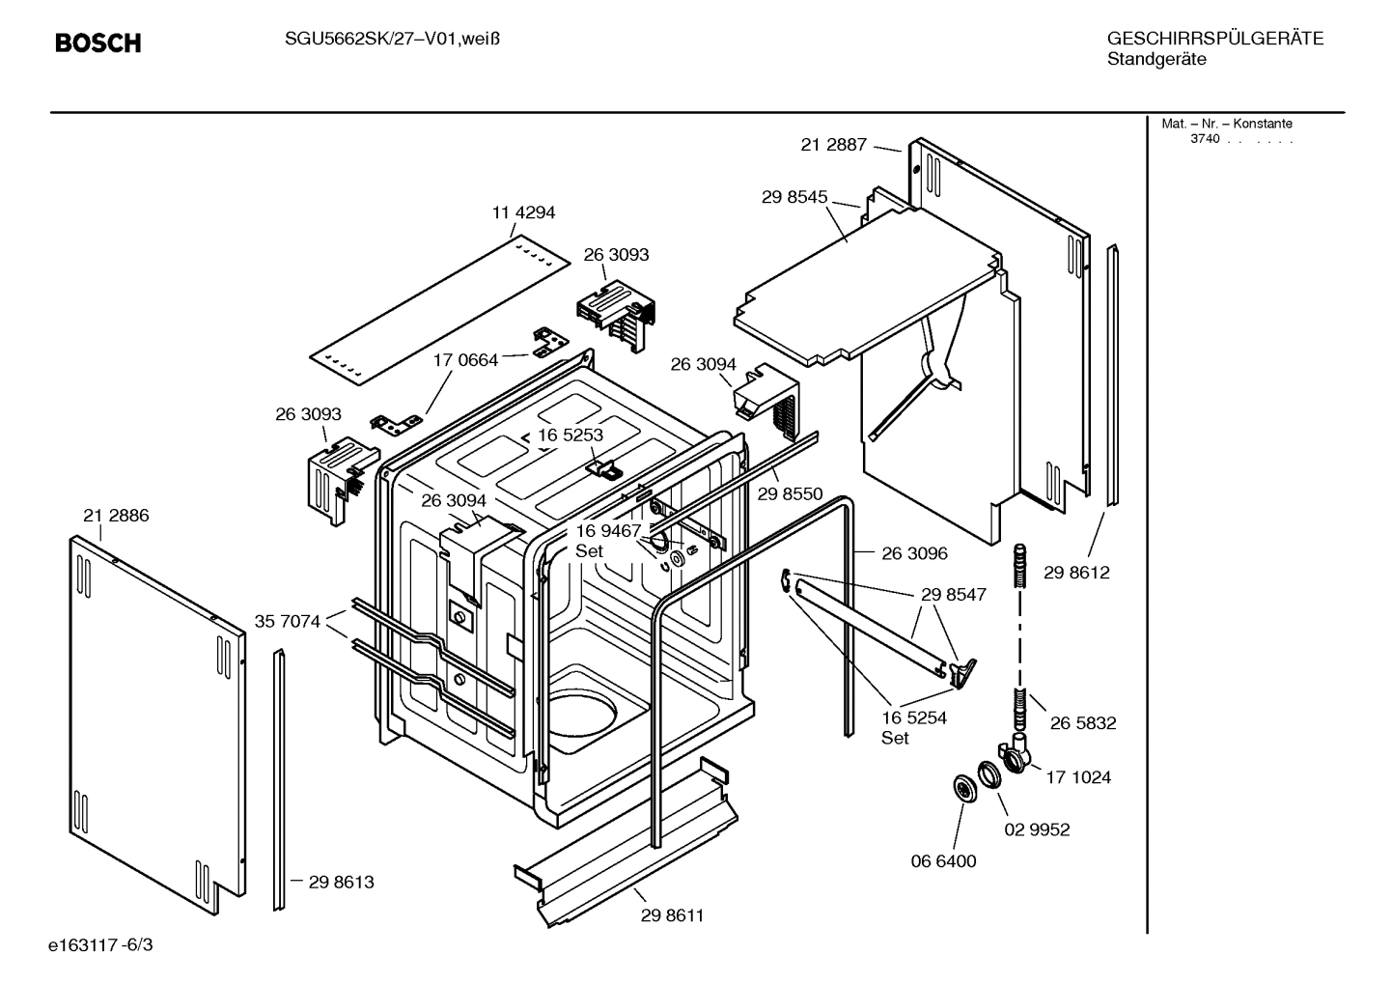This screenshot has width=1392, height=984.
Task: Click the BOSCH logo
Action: [97, 43]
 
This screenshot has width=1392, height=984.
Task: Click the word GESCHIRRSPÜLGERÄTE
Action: [1214, 39]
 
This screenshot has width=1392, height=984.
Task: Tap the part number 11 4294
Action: [523, 212]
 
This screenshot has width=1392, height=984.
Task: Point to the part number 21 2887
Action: [834, 145]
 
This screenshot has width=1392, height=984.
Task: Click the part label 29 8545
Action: [794, 197]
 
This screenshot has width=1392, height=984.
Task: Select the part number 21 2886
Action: [116, 516]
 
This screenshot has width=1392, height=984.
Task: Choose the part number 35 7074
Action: [287, 621]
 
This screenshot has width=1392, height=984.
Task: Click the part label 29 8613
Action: [341, 882]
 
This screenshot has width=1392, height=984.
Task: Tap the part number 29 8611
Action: [672, 915]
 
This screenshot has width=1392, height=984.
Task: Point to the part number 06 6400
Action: [944, 861]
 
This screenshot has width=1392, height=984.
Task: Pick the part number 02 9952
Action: [1038, 829]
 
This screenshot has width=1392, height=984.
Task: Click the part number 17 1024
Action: [1078, 777]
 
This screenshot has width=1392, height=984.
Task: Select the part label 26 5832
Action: [1083, 723]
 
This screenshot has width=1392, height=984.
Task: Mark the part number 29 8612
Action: [1077, 573]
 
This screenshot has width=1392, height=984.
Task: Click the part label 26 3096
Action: [914, 553]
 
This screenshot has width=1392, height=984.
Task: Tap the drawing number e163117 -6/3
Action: [100, 944]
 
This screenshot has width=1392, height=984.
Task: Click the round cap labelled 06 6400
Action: [964, 788]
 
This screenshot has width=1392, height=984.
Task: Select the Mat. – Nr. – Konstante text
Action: [1226, 124]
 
